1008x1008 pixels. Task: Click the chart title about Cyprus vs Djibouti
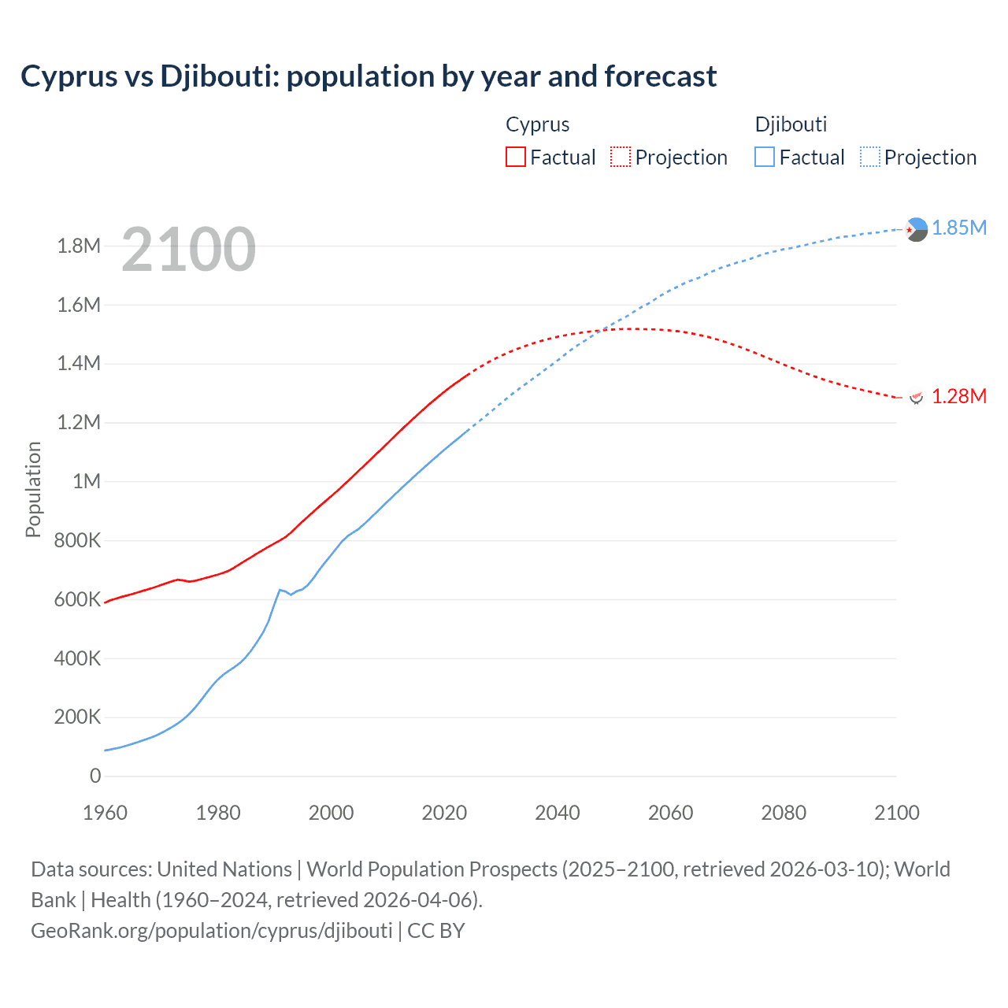tap(369, 76)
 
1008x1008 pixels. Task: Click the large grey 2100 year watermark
tap(189, 250)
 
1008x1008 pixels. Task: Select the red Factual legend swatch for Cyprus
tap(515, 157)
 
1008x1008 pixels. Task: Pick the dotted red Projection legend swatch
tap(621, 157)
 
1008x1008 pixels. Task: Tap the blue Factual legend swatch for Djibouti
tap(764, 157)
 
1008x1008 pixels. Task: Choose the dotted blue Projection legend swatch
tap(869, 157)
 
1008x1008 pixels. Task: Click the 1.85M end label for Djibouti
tap(959, 228)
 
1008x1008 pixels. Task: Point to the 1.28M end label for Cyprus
tap(959, 396)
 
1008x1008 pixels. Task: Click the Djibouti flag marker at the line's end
tap(916, 229)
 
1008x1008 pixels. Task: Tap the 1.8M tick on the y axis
tap(79, 246)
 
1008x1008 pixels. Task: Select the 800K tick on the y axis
tap(79, 541)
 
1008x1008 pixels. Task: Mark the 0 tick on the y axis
tap(95, 776)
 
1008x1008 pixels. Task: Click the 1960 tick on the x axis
tap(105, 813)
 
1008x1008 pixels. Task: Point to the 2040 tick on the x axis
tap(558, 813)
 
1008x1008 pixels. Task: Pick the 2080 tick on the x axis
tap(784, 813)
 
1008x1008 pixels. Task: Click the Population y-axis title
tap(33, 489)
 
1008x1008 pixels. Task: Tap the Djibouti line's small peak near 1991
tap(280, 589)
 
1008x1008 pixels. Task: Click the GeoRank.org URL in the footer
tap(211, 931)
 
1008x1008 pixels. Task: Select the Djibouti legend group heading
tap(791, 124)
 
